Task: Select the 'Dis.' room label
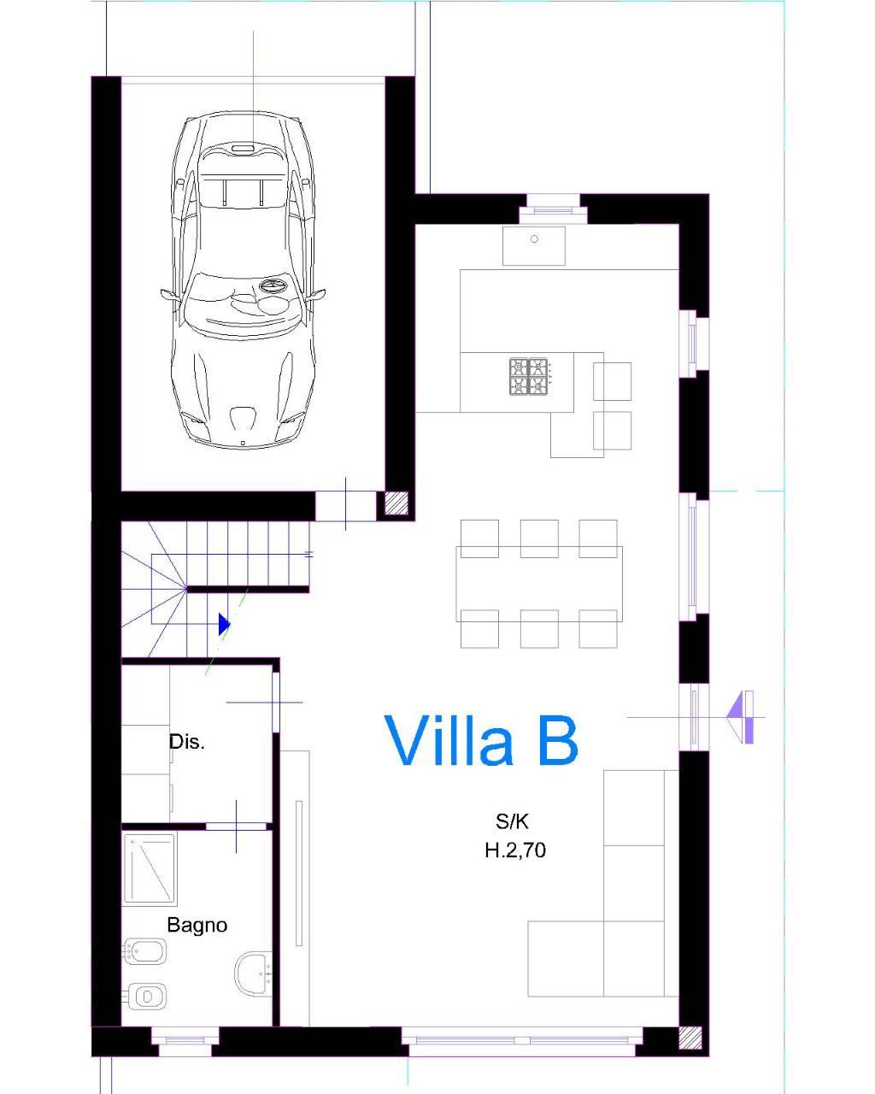(x=186, y=742)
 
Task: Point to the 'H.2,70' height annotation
(x=515, y=850)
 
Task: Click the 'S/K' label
(x=512, y=821)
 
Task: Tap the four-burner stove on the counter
(x=529, y=377)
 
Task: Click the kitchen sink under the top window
(x=534, y=246)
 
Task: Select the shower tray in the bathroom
(x=150, y=870)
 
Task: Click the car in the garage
(x=243, y=280)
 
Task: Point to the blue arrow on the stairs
(x=224, y=624)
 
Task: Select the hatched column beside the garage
(x=396, y=503)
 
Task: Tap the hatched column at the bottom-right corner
(x=690, y=1038)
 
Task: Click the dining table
(x=539, y=584)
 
